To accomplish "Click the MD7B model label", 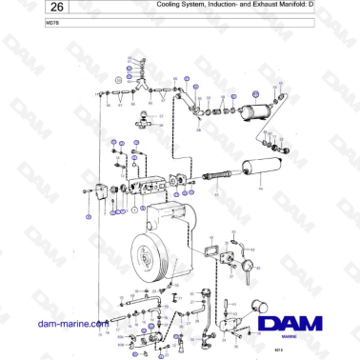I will point(26,23).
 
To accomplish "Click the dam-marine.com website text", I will point(70,325).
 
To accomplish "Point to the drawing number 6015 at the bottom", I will point(278,351).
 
